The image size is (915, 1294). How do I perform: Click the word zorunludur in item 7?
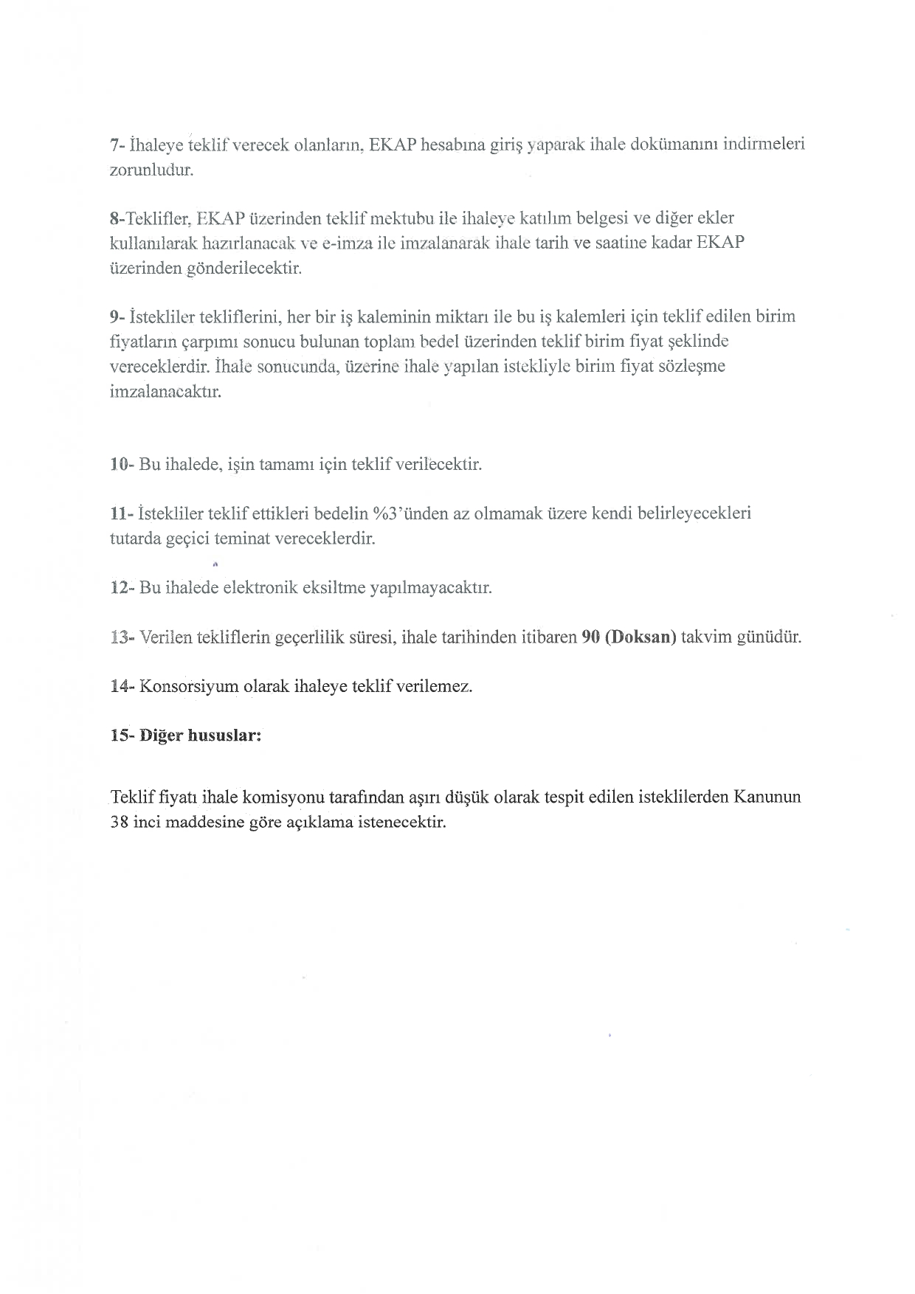coord(151,170)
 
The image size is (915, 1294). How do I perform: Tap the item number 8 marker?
coord(114,218)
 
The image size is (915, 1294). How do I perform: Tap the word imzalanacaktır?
coord(165,391)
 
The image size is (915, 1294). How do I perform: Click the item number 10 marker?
coord(120,465)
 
